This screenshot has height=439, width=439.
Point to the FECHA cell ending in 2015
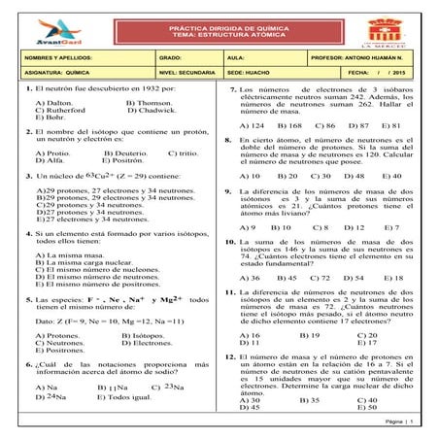click(x=371, y=72)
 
